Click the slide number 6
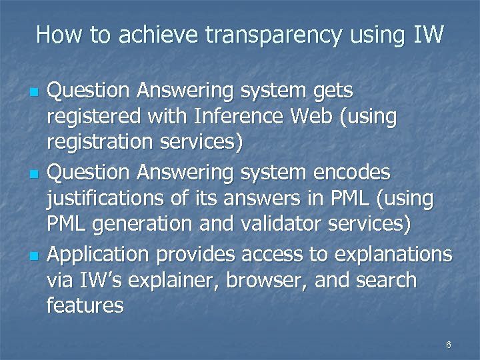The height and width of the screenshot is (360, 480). (x=448, y=345)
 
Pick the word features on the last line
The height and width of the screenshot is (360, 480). (x=85, y=307)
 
